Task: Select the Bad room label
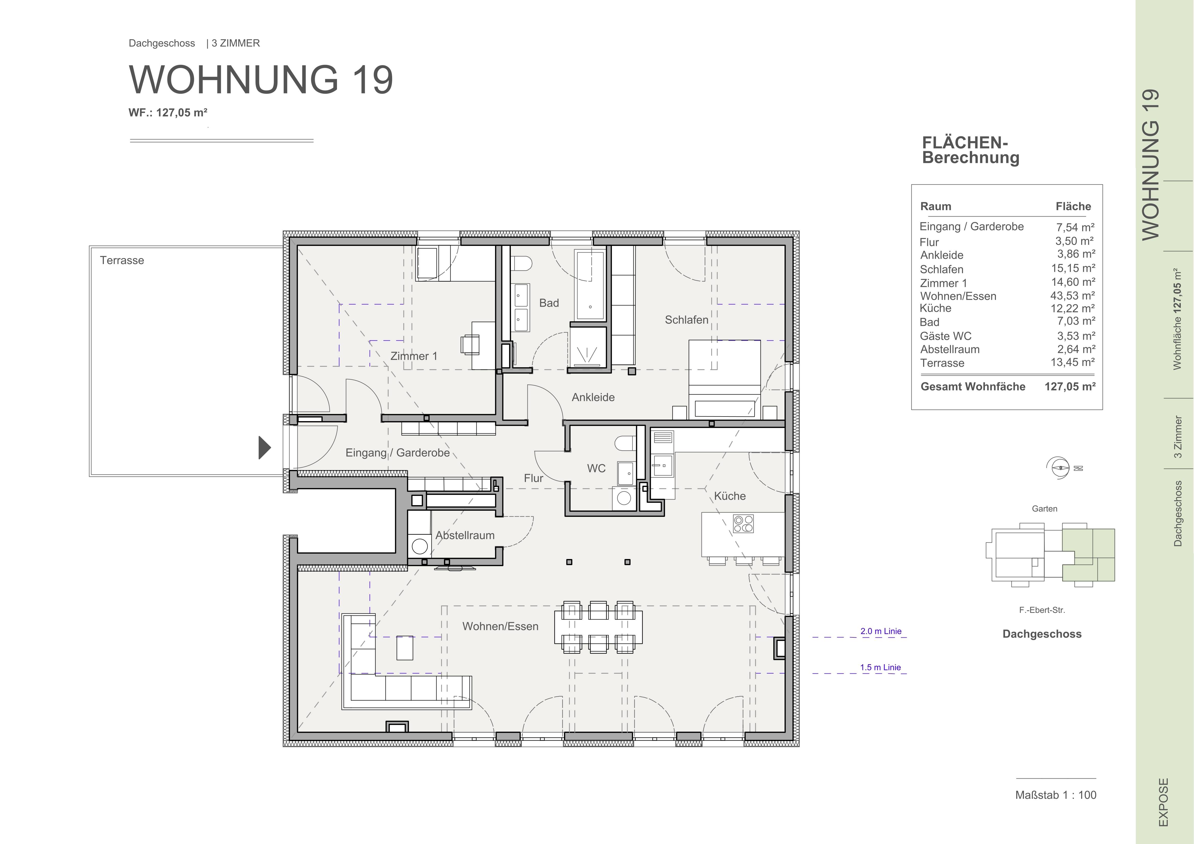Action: (x=549, y=303)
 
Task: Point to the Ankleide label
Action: (x=593, y=398)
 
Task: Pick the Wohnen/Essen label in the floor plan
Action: (x=500, y=626)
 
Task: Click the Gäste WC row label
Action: (x=945, y=336)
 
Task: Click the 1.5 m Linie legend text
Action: (x=881, y=667)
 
